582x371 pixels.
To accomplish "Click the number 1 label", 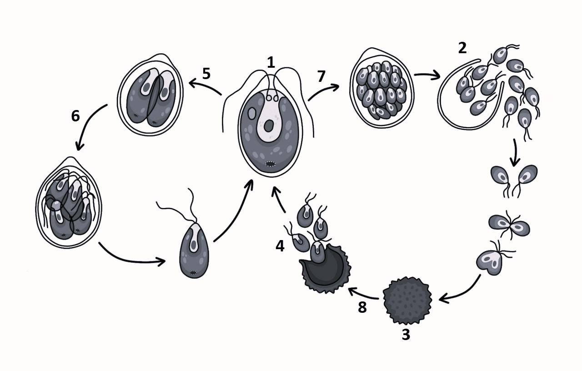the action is pos(271,63).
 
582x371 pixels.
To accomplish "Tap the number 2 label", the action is pos(462,48).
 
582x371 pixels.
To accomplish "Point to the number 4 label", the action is pos(280,246).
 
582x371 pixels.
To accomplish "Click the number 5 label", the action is pos(206,74).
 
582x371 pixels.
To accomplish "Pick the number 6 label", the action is pos(75,116).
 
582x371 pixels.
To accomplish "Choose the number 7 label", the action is pos(321,76).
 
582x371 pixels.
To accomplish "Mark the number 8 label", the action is pos(362,307).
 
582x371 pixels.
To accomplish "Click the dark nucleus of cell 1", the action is pos(268,126).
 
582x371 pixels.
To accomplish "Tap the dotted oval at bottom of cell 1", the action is pos(271,164).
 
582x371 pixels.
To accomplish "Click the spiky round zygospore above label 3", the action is pos(407,301).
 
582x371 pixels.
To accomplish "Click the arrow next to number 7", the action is pos(323,91).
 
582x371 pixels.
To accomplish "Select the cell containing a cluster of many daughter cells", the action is pos(382,88).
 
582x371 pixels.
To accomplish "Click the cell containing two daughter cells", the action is pos(151,95).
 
